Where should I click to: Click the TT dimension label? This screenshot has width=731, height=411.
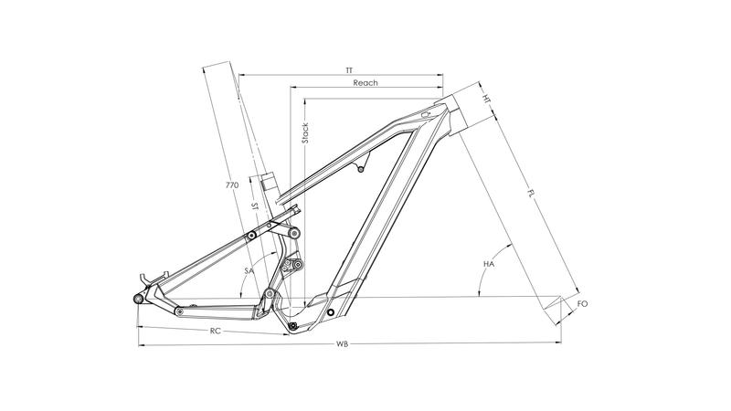pyautogui.click(x=349, y=69)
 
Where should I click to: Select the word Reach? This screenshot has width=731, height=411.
pyautogui.click(x=365, y=83)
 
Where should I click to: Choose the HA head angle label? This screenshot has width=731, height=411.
pyautogui.click(x=489, y=264)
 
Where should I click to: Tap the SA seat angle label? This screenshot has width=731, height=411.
pyautogui.click(x=249, y=271)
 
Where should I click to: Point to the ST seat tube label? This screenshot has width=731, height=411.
pyautogui.click(x=256, y=208)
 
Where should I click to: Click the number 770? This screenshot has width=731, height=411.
pyautogui.click(x=232, y=185)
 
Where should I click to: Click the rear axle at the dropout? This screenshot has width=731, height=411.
pyautogui.click(x=138, y=299)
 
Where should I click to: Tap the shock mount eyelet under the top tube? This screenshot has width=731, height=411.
pyautogui.click(x=361, y=169)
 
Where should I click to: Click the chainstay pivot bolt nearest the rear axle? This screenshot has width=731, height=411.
pyautogui.click(x=179, y=311)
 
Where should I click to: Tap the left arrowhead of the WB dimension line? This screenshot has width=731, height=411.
pyautogui.click(x=140, y=344)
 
